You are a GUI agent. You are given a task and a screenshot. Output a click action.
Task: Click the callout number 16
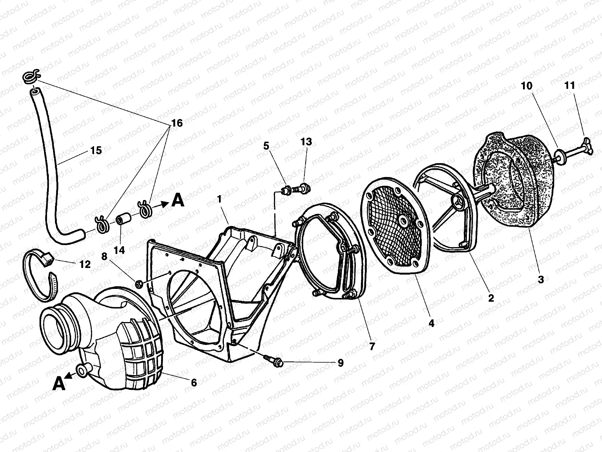pyautogui.click(x=177, y=123)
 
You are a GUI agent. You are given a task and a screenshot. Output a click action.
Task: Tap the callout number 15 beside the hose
pyautogui.click(x=96, y=151)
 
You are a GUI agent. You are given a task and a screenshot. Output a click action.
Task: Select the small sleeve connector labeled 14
pyautogui.click(x=122, y=219)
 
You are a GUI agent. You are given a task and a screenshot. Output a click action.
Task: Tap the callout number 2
pyautogui.click(x=491, y=298)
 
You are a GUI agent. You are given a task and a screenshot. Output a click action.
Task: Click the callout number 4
pyautogui.click(x=431, y=323)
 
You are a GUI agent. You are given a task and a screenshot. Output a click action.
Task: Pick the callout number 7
pyautogui.click(x=372, y=346)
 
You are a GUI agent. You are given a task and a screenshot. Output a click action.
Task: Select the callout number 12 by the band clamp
pyautogui.click(x=85, y=264)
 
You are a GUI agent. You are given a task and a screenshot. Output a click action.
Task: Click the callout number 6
pyautogui.click(x=193, y=383)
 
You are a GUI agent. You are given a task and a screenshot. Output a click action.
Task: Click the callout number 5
pyautogui.click(x=266, y=146)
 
